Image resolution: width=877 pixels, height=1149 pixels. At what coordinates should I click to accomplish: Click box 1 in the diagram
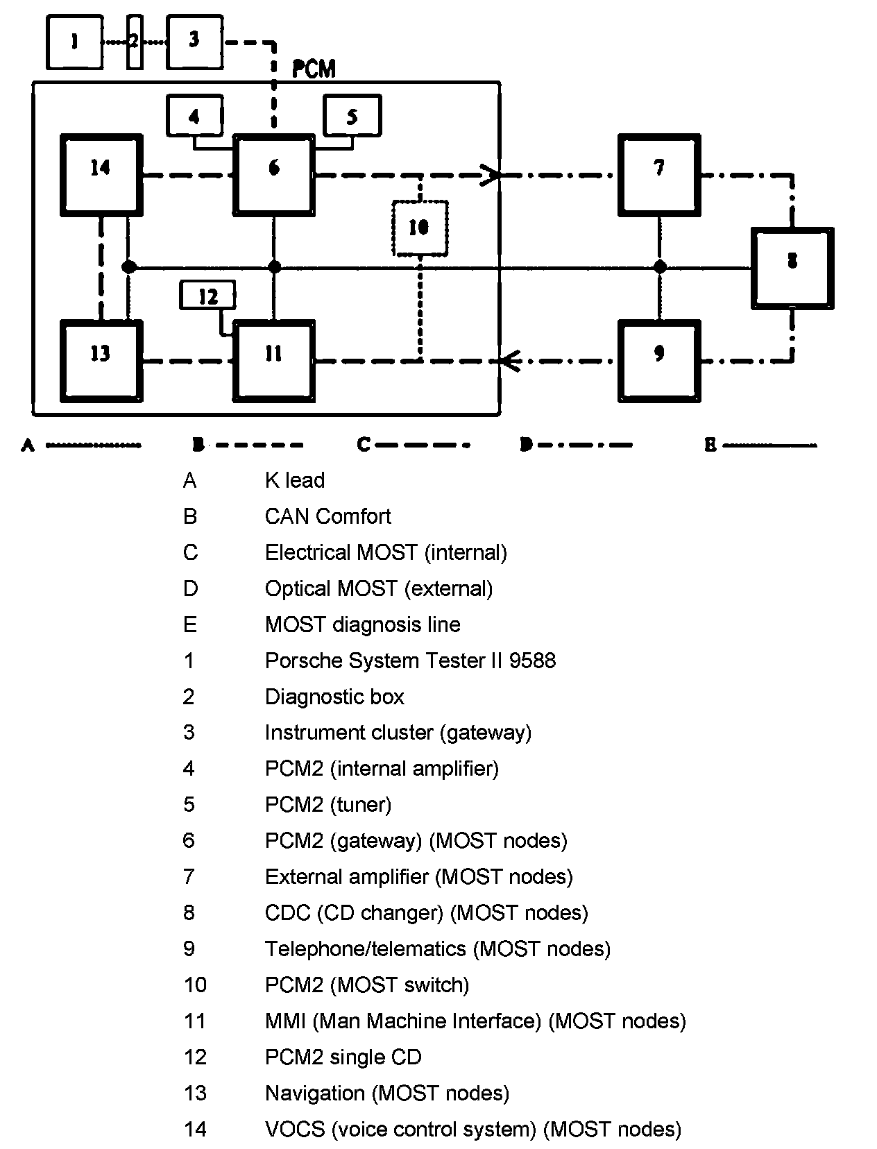coord(74,42)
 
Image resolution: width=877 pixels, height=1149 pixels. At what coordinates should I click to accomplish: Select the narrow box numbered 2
coord(135,42)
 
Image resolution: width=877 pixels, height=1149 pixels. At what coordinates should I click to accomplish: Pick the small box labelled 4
coord(195,115)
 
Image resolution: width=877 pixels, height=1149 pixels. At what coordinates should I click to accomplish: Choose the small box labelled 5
coord(352,115)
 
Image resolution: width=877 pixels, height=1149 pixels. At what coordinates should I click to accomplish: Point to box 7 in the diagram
coord(659,173)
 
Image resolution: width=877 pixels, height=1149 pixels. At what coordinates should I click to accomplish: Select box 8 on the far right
coord(792,267)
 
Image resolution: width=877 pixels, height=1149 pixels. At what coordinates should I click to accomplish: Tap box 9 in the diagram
coord(659,360)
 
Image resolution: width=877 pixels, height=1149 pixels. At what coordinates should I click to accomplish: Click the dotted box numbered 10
coord(420,228)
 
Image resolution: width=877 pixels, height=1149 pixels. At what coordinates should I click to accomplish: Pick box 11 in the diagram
coord(274,360)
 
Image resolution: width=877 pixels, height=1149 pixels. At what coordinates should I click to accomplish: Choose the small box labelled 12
coord(207,296)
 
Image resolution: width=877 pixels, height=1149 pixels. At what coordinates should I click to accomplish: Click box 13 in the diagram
coord(101,360)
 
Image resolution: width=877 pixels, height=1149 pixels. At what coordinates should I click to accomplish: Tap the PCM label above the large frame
coord(314,69)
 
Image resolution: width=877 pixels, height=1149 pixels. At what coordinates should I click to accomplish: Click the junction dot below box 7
coord(660,267)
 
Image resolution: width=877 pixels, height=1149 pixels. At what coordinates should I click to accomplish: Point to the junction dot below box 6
coord(274,267)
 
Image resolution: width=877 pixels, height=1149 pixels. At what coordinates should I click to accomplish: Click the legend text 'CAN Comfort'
coord(327,516)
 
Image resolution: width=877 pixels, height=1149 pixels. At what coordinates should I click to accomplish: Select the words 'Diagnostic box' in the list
coord(334,697)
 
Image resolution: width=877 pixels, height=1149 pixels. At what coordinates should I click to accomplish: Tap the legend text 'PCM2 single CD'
coord(343,1057)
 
